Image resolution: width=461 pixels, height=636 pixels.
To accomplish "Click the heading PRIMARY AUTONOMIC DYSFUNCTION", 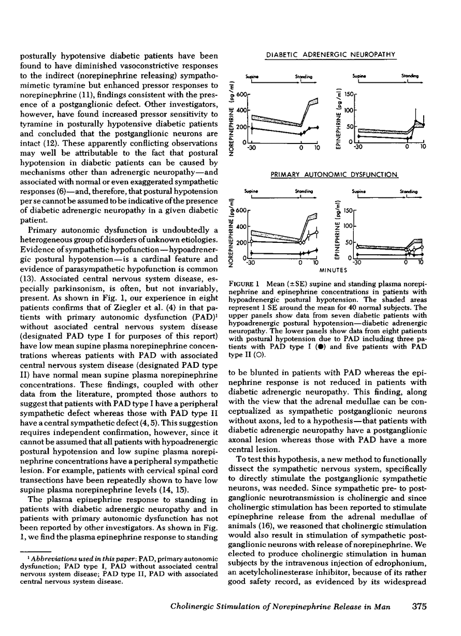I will tap(334, 175).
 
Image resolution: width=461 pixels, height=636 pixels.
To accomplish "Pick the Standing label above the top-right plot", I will tap(410, 76).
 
